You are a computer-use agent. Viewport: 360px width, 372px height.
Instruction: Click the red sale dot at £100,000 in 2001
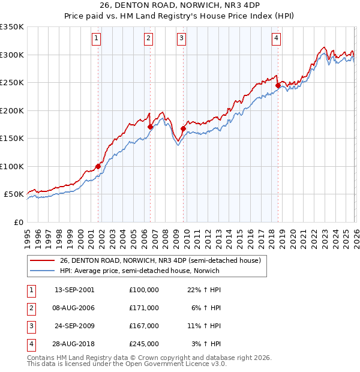[x=98, y=167]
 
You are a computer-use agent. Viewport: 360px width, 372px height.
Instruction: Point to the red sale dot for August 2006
[x=150, y=127]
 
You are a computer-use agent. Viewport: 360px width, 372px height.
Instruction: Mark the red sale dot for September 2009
[x=183, y=128]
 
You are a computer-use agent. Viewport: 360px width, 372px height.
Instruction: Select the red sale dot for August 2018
[x=278, y=86]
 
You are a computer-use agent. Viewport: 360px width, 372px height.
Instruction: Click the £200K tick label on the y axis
[x=12, y=110]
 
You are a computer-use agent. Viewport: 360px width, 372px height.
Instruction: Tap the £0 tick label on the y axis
[x=17, y=222]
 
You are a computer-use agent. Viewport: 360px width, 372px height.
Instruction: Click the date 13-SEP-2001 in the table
[x=74, y=289]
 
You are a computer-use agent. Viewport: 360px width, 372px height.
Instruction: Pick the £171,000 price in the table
[x=144, y=307]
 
